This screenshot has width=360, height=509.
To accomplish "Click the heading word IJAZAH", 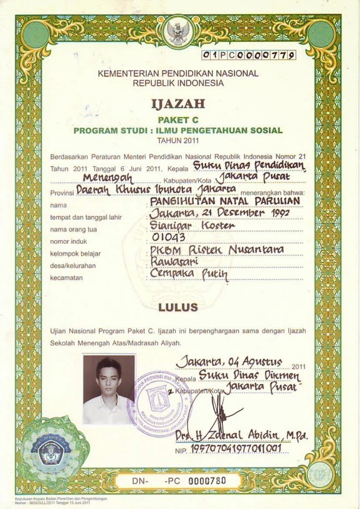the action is [x=178, y=103].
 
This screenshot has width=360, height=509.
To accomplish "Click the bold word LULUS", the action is [x=178, y=307].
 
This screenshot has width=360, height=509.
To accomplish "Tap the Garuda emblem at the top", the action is [x=178, y=30].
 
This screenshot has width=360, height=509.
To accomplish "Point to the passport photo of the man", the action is [x=108, y=389].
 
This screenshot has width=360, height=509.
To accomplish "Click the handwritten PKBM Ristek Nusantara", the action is [x=216, y=249].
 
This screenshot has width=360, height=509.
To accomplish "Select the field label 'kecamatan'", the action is [x=66, y=278].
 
